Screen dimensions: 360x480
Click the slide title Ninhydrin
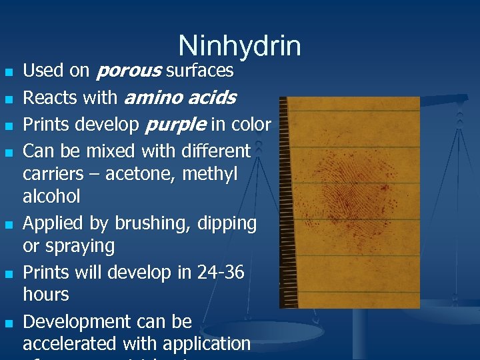pyautogui.click(x=240, y=46)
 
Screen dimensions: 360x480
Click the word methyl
pyautogui.click(x=213, y=174)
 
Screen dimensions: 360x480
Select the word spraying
pyautogui.click(x=79, y=246)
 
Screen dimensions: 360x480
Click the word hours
pyautogui.click(x=46, y=295)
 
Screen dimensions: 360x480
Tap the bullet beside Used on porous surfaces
pyautogui.click(x=7, y=71)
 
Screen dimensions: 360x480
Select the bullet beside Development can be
pyautogui.click(x=7, y=323)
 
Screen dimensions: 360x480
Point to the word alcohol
pyautogui.click(x=51, y=197)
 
